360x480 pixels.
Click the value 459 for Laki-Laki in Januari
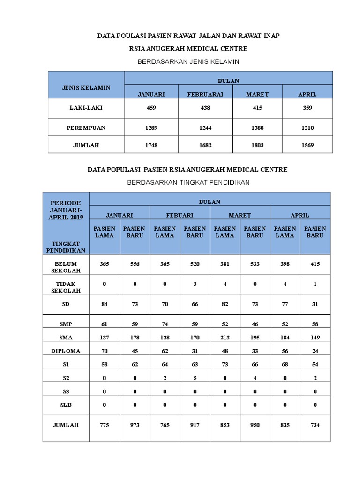(151, 108)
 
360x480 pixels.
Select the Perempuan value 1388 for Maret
(257, 127)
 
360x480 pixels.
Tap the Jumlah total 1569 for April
(307, 145)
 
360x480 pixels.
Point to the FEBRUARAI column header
(205, 94)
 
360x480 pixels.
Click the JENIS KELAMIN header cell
(86, 88)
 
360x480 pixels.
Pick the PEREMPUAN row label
(86, 127)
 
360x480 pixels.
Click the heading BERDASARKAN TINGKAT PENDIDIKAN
(188, 182)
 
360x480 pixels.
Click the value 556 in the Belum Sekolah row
(135, 264)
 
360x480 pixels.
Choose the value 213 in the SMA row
(225, 337)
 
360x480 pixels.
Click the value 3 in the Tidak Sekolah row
(195, 284)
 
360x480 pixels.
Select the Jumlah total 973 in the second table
(135, 425)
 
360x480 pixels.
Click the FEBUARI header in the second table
(180, 215)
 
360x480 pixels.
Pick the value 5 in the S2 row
(195, 378)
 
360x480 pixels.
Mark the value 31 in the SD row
(315, 304)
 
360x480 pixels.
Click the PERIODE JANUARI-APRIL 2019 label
(66, 210)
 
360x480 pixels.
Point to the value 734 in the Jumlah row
(315, 425)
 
